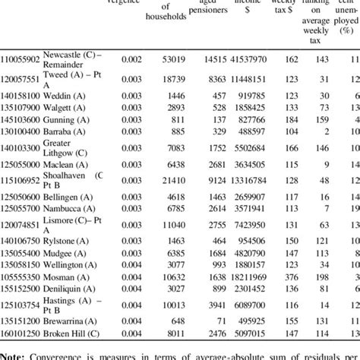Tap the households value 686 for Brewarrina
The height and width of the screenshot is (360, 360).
[177, 321]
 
